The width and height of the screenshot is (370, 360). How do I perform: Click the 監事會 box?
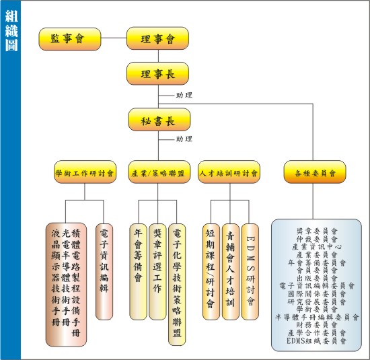click(70, 39)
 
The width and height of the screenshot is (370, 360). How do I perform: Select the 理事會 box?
click(157, 38)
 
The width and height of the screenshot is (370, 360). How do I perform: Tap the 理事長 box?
click(157, 73)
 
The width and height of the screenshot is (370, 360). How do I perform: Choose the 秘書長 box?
click(159, 120)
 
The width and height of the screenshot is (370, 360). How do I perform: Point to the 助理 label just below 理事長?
click(184, 96)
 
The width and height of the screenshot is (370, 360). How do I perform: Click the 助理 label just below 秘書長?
click(184, 139)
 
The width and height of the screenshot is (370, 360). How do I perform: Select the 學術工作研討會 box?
click(85, 172)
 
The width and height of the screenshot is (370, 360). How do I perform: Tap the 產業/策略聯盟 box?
click(159, 172)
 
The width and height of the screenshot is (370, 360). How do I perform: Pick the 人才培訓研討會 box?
click(229, 172)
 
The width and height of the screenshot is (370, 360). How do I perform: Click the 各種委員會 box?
click(315, 172)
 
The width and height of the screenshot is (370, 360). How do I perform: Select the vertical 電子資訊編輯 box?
click(104, 272)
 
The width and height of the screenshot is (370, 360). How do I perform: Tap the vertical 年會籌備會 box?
click(138, 272)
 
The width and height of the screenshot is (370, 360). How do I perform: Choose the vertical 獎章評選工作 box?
click(157, 272)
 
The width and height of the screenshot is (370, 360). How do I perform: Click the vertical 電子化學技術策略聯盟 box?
click(177, 285)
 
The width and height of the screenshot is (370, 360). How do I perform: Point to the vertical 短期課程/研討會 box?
click(211, 272)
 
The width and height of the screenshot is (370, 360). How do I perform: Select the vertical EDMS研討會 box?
click(250, 272)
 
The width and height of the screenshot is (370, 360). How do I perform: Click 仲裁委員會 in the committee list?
click(317, 239)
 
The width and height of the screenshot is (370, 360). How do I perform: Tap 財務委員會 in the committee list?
click(317, 325)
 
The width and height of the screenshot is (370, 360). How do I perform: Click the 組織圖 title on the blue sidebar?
click(11, 31)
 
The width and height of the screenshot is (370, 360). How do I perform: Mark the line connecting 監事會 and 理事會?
click(114, 38)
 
